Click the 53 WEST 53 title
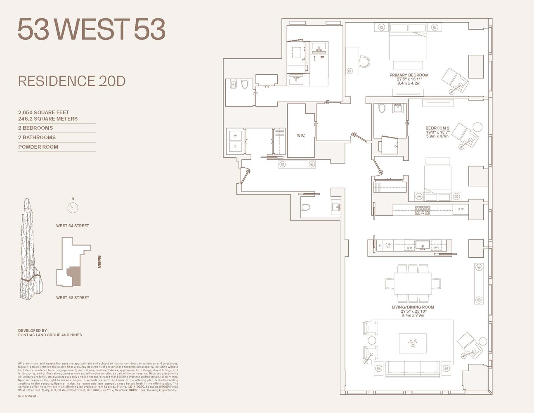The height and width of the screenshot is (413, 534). tap(91, 29)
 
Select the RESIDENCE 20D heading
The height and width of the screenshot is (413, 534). tap(71, 81)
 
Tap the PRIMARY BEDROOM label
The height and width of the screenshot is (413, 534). tap(409, 75)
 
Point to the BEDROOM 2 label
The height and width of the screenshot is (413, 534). tap(437, 128)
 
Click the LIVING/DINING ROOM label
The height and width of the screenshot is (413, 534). tap(413, 307)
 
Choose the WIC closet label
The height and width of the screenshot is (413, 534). tap(300, 135)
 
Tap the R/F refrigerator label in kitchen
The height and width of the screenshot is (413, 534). tap(461, 209)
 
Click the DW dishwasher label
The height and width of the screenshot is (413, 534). tap(409, 248)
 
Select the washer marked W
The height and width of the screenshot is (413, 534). tap(235, 136)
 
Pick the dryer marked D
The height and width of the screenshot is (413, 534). tap(235, 147)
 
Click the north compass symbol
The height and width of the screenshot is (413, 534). tap(73, 207)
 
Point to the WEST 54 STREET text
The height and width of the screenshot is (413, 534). tap(73, 226)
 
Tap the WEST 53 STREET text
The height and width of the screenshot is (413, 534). tap(73, 298)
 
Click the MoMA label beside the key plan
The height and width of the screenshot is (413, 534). tap(99, 262)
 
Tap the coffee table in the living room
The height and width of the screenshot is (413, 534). tap(413, 343)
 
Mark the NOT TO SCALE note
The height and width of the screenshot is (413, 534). tap(28, 396)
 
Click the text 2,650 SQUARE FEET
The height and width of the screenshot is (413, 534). tap(43, 112)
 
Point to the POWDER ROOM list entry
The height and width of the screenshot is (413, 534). tap(38, 147)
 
